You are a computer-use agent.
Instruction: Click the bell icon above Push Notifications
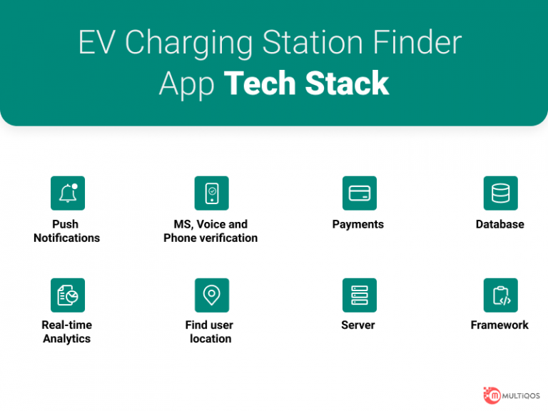pyautogui.click(x=68, y=193)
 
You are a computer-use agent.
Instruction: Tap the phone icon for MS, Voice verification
pyautogui.click(x=211, y=193)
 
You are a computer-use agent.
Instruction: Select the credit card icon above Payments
pyautogui.click(x=359, y=193)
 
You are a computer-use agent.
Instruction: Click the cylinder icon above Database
pyautogui.click(x=500, y=193)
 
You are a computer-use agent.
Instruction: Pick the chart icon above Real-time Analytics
pyautogui.click(x=68, y=295)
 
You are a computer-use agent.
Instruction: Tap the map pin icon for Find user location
pyautogui.click(x=211, y=295)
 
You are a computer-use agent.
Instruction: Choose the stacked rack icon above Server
pyautogui.click(x=359, y=295)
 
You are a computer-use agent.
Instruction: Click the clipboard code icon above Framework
pyautogui.click(x=500, y=295)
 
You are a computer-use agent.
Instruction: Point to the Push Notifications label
pyautogui.click(x=66, y=231)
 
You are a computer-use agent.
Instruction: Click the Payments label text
pyautogui.click(x=358, y=224)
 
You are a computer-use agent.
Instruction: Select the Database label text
pyautogui.click(x=499, y=224)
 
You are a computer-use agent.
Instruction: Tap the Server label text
pyautogui.click(x=358, y=325)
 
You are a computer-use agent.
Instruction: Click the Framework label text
pyautogui.click(x=499, y=325)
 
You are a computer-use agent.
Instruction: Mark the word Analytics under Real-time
pyautogui.click(x=66, y=339)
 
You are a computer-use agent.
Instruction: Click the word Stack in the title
pyautogui.click(x=347, y=83)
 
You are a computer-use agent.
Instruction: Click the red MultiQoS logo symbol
pyautogui.click(x=492, y=395)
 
